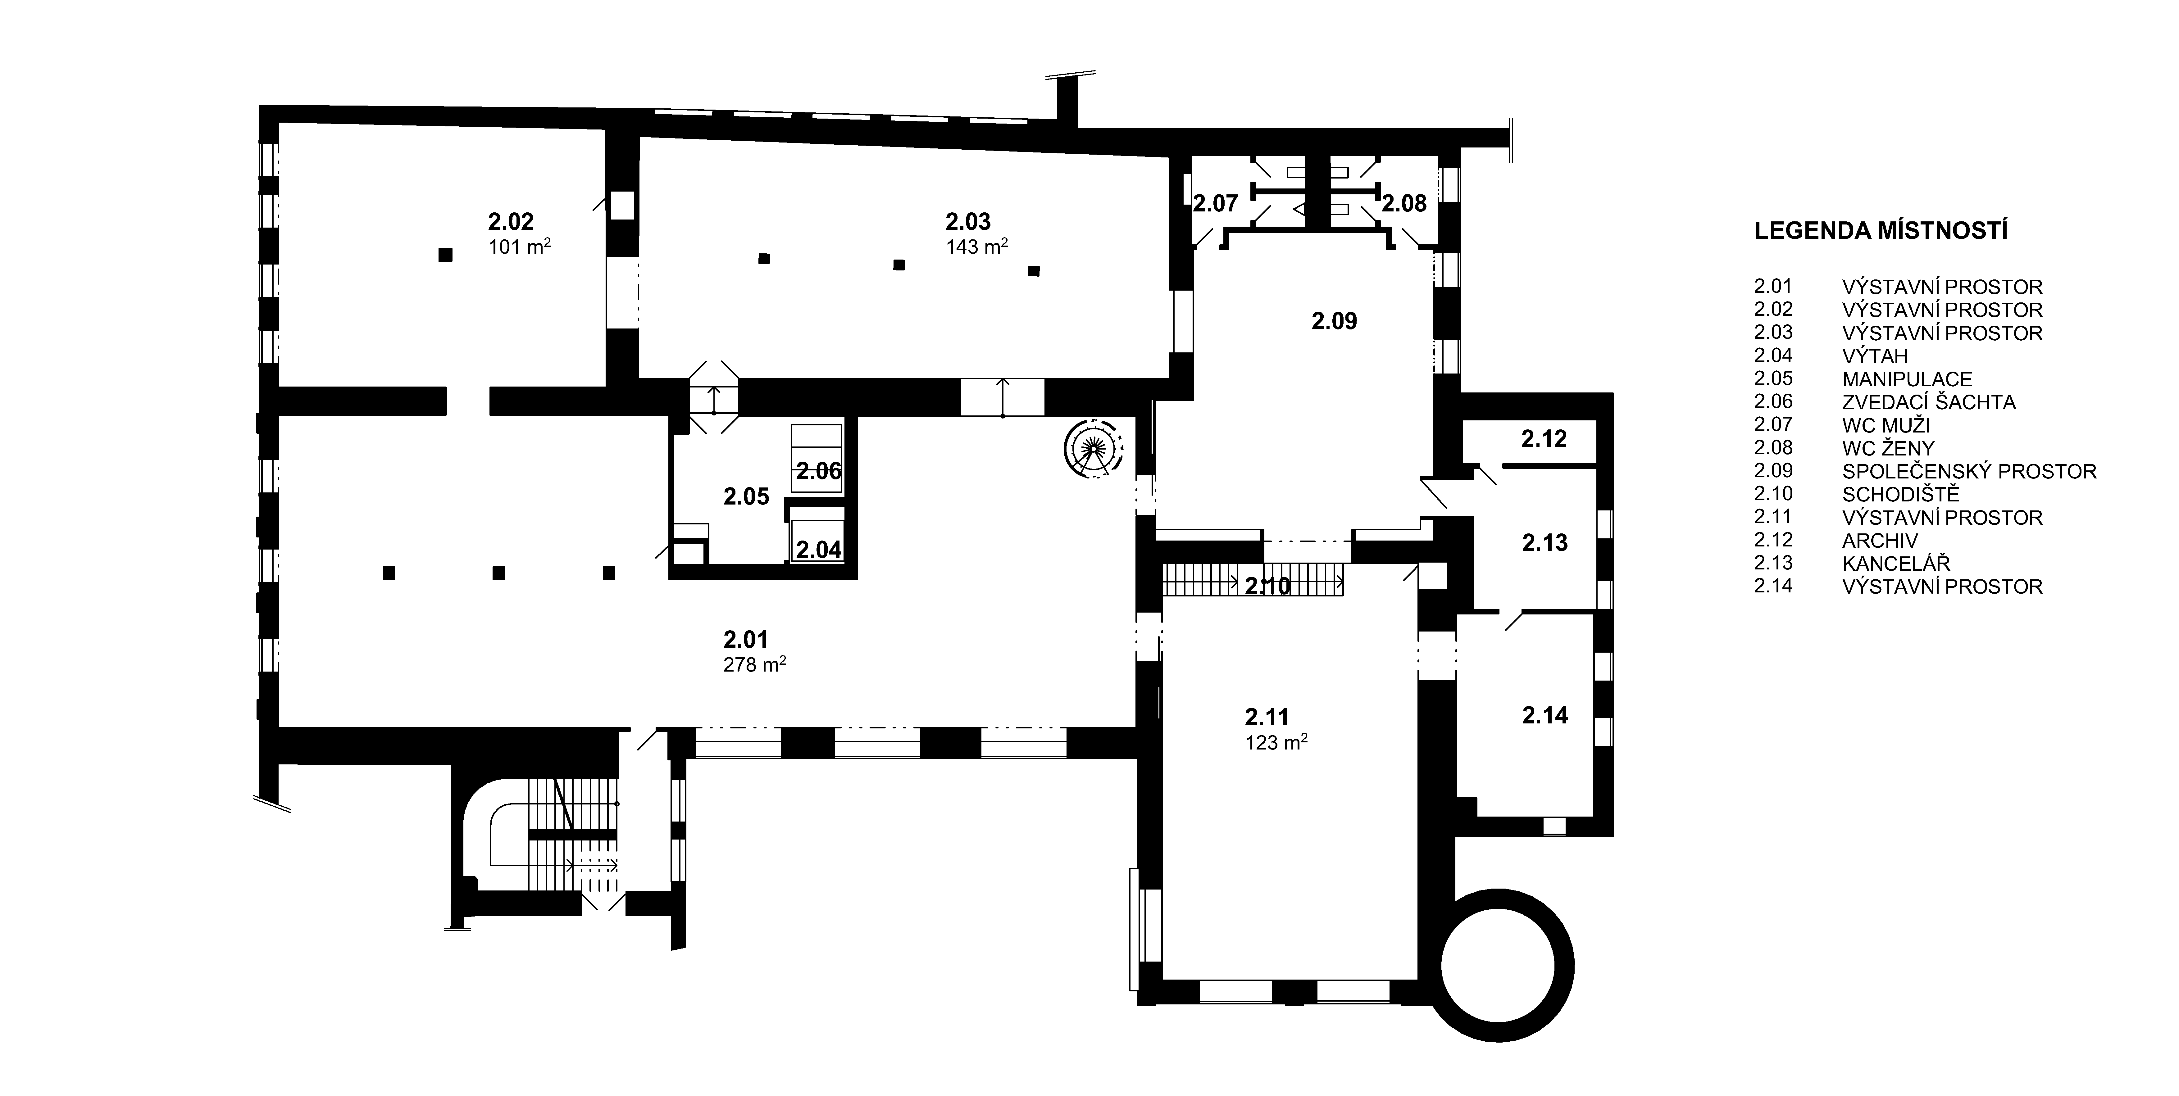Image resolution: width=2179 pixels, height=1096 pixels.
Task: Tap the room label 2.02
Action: (x=511, y=222)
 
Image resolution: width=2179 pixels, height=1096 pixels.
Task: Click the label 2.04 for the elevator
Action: (x=819, y=550)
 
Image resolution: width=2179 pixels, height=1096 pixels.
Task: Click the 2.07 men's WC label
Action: (x=1216, y=203)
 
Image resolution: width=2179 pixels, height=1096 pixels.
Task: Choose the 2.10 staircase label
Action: (x=1268, y=585)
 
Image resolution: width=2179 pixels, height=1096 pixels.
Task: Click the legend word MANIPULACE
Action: (x=1908, y=379)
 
